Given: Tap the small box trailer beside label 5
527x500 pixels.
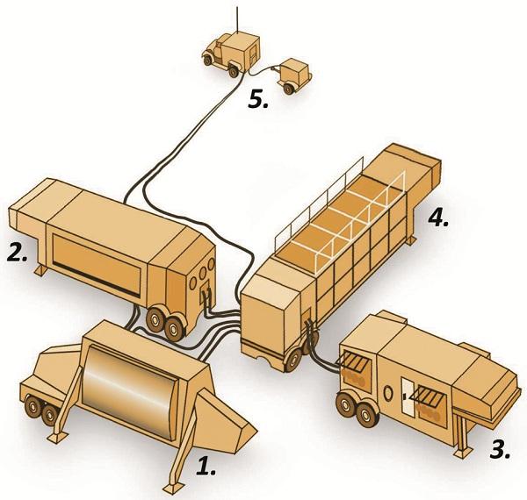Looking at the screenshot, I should point(294,74).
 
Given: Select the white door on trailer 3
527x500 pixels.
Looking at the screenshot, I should point(409,404).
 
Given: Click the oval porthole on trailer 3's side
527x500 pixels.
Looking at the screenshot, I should point(380,389).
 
